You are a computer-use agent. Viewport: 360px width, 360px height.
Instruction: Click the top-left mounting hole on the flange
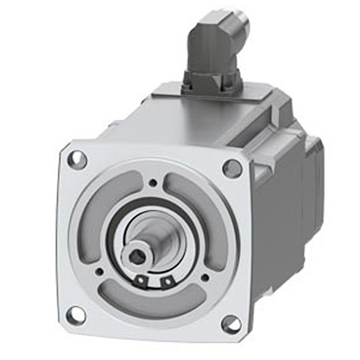pyautogui.click(x=77, y=159)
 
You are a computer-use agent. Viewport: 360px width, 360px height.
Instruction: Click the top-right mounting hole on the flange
pyautogui.click(x=232, y=168)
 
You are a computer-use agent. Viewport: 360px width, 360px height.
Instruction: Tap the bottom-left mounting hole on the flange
pyautogui.click(x=75, y=314)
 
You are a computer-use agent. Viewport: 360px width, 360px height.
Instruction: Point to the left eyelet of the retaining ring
pyautogui.click(x=142, y=281)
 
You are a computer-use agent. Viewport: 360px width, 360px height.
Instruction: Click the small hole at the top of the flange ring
pyautogui.click(x=153, y=183)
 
